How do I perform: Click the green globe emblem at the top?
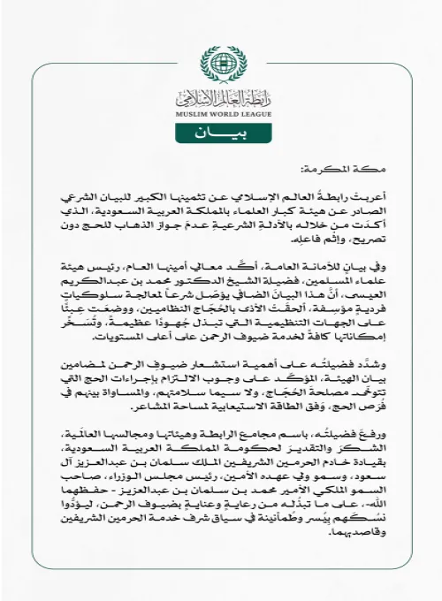tap(221, 65)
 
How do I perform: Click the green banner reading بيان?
tap(221, 134)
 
